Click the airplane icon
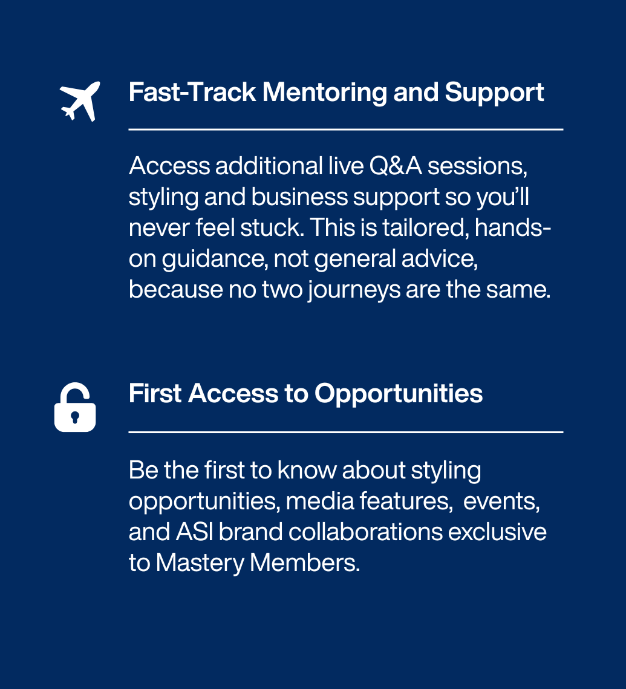(x=80, y=101)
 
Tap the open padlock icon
(x=75, y=407)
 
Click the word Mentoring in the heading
(x=325, y=93)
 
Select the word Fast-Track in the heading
(x=192, y=93)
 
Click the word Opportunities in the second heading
(x=399, y=394)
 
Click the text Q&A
(x=396, y=166)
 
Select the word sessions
(x=478, y=167)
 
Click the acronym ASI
(x=195, y=532)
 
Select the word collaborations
(x=365, y=532)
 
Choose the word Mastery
(x=200, y=563)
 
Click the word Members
(x=305, y=563)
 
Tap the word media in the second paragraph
(x=320, y=501)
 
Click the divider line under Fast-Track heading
(x=346, y=129)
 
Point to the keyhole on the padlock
(x=74, y=417)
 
